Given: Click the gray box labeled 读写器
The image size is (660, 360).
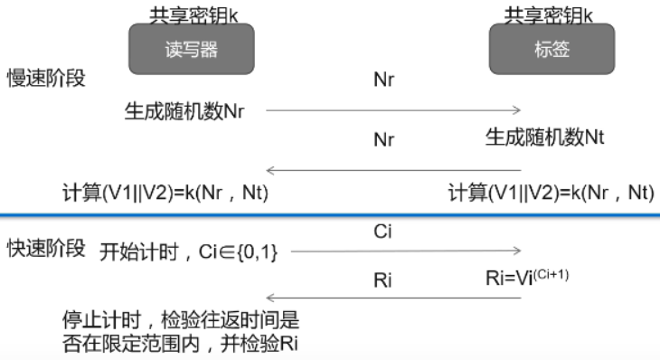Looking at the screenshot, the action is tap(191, 50).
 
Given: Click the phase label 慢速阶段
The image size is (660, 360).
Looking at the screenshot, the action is tap(47, 78).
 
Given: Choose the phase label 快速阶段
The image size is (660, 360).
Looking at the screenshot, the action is tap(47, 248).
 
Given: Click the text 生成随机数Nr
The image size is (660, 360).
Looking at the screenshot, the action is tap(184, 111).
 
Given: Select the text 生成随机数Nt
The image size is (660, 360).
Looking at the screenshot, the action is tap(544, 137).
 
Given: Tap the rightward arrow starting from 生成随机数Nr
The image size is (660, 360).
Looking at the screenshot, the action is tap(393, 110).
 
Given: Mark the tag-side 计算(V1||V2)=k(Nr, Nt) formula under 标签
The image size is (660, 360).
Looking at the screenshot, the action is tap(551, 192).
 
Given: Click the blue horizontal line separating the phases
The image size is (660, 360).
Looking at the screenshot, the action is tap(330, 215).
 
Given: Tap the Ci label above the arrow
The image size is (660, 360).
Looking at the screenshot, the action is tap(382, 232).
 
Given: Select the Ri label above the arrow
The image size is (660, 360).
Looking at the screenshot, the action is tap(382, 279).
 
